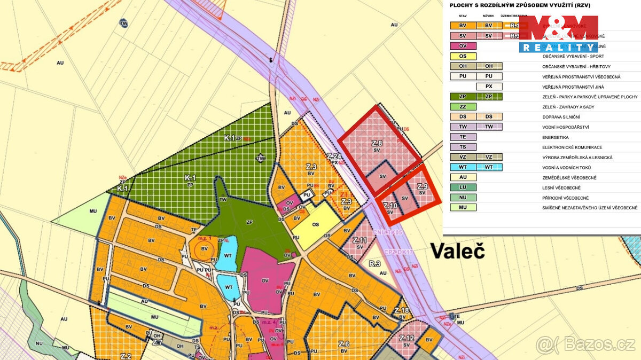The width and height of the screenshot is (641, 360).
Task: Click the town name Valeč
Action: pyautogui.click(x=457, y=251)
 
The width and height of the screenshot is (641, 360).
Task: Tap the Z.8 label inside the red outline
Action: pyautogui.click(x=377, y=143)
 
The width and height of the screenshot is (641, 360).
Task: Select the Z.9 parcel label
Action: pyautogui.click(x=422, y=187)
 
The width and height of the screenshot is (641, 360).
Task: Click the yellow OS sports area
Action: pyautogui.click(x=316, y=224)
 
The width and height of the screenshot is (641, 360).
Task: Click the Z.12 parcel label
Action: pyautogui.click(x=407, y=338)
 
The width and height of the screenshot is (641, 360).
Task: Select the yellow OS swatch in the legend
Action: pyautogui.click(x=463, y=56)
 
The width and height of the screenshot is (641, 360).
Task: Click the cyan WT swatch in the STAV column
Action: pyautogui.click(x=463, y=167)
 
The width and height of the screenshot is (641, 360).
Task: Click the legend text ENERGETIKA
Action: pyautogui.click(x=558, y=137)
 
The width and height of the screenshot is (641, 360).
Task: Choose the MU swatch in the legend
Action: pyautogui.click(x=463, y=208)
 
